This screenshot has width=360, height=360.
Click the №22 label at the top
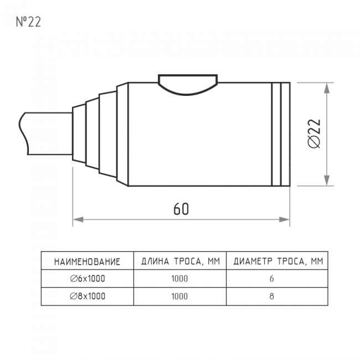28,22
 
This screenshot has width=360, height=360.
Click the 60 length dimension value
181,209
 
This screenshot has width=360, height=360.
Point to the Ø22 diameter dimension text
314,133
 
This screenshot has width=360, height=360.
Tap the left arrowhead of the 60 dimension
78,219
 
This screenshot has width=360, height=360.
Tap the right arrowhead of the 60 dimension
284,219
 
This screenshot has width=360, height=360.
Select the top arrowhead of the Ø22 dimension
326,88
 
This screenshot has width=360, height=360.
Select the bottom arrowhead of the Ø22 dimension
326,181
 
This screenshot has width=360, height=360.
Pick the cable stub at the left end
45,133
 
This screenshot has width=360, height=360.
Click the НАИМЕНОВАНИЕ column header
88,262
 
